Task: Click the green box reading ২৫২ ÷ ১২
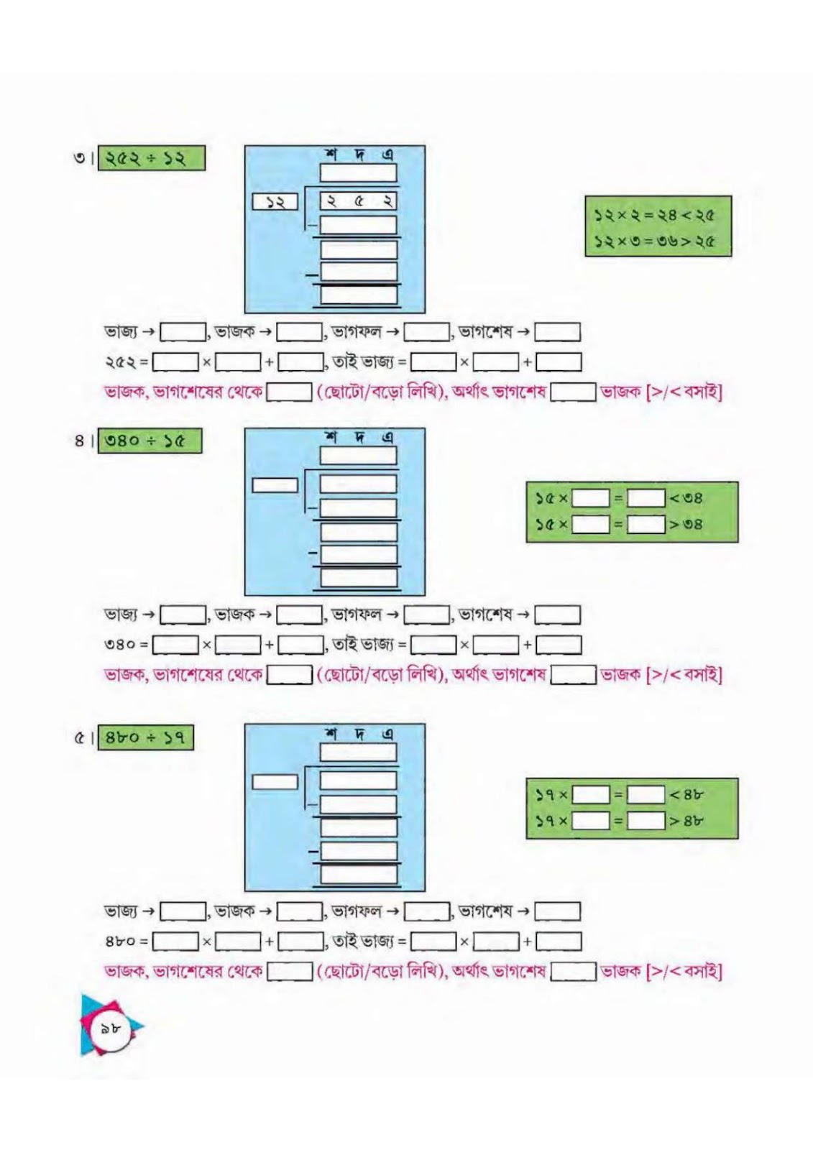pyautogui.click(x=152, y=158)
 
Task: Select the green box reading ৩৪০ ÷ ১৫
pyautogui.click(x=150, y=441)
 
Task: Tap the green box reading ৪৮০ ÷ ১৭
pyautogui.click(x=145, y=737)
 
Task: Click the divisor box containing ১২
pyautogui.click(x=275, y=202)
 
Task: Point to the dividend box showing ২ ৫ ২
pyautogui.click(x=359, y=201)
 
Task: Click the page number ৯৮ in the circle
pyautogui.click(x=110, y=1028)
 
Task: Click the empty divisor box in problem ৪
pyautogui.click(x=275, y=485)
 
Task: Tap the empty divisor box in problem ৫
pyautogui.click(x=275, y=782)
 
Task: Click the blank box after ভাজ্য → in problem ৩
pyautogui.click(x=183, y=332)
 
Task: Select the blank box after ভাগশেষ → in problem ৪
pyautogui.click(x=557, y=615)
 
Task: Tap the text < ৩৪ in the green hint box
pyautogui.click(x=686, y=498)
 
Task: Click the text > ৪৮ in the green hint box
pyautogui.click(x=686, y=821)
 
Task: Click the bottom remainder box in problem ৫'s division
pyautogui.click(x=359, y=874)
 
